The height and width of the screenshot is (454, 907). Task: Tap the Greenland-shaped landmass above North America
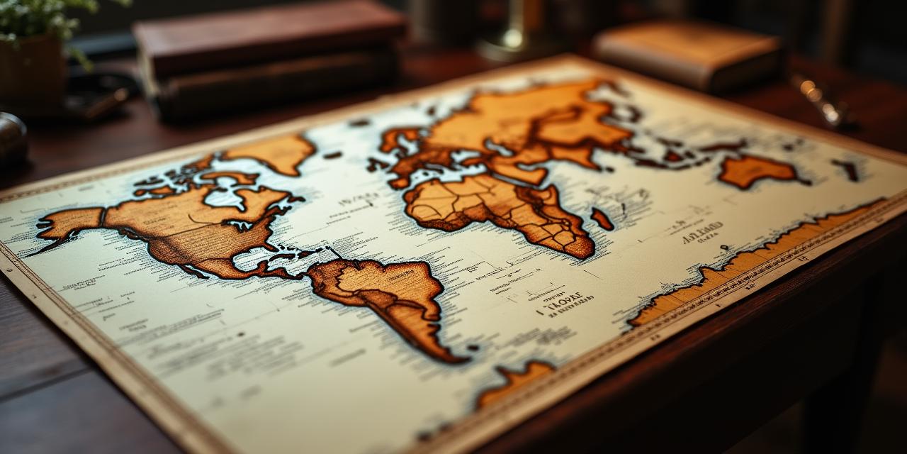pos(273,153)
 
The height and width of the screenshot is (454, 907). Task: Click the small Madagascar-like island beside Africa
pos(602,218)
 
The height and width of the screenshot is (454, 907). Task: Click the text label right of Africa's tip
pos(702,231)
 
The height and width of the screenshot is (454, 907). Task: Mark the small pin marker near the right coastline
pos(724,248)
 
